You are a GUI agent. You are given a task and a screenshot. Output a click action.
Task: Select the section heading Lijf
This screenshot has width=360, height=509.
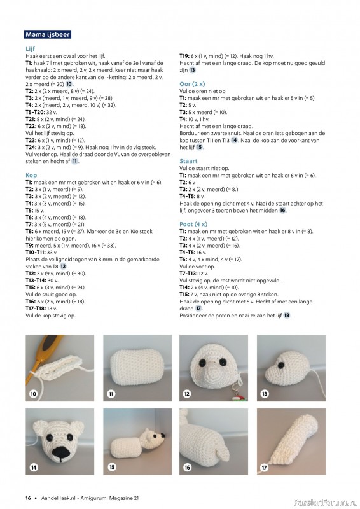tap(30, 48)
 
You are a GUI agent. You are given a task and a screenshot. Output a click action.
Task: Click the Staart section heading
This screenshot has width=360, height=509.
tap(188, 162)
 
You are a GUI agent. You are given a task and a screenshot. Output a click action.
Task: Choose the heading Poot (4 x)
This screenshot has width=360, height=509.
tap(194, 223)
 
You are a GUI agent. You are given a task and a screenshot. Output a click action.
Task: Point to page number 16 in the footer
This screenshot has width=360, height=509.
tap(28, 498)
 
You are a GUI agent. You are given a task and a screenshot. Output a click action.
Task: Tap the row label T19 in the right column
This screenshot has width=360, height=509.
tap(186, 56)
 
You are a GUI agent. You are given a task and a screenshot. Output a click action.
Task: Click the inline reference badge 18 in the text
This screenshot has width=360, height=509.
tap(287, 315)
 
